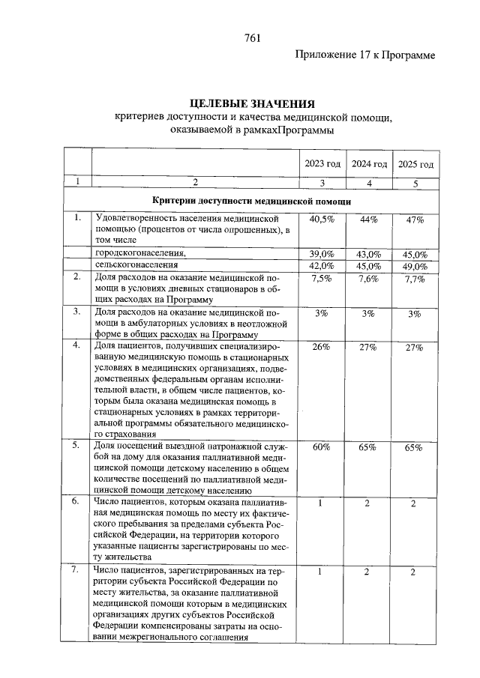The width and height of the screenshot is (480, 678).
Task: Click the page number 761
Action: click(252, 40)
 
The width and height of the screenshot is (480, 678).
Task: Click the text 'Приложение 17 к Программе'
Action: click(365, 55)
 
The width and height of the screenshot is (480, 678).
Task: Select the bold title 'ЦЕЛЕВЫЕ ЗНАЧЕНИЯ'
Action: click(251, 103)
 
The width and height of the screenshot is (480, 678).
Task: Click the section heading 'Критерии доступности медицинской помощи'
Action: click(250, 201)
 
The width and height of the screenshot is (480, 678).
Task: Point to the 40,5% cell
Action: click(322, 219)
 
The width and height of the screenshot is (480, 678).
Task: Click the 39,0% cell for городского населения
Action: click(322, 254)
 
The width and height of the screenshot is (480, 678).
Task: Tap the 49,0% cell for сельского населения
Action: click(415, 266)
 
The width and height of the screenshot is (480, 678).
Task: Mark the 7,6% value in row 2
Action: click(368, 279)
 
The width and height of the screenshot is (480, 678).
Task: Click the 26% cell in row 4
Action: click(322, 348)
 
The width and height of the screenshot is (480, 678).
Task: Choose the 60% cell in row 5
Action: click(322, 447)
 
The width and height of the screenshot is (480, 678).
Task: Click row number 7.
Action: click(76, 572)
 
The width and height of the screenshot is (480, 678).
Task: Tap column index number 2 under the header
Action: click(196, 182)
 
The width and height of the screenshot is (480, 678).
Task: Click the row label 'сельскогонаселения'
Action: click(136, 265)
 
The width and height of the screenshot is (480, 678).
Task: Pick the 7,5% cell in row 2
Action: click(322, 279)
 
